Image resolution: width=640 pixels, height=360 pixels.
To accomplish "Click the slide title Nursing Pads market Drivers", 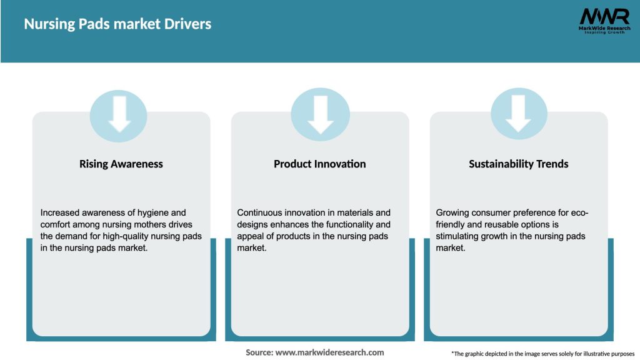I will click(117, 24).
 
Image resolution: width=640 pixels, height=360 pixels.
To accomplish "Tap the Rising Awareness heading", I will click(121, 164).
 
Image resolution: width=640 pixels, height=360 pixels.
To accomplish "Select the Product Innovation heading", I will click(319, 164).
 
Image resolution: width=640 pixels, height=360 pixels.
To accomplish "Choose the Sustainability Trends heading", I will click(518, 164).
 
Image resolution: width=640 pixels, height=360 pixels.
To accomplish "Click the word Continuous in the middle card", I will click(261, 212).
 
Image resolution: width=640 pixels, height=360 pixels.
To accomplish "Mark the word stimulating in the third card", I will click(461, 236).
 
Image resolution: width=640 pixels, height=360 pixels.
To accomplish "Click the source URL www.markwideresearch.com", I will click(329, 352).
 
